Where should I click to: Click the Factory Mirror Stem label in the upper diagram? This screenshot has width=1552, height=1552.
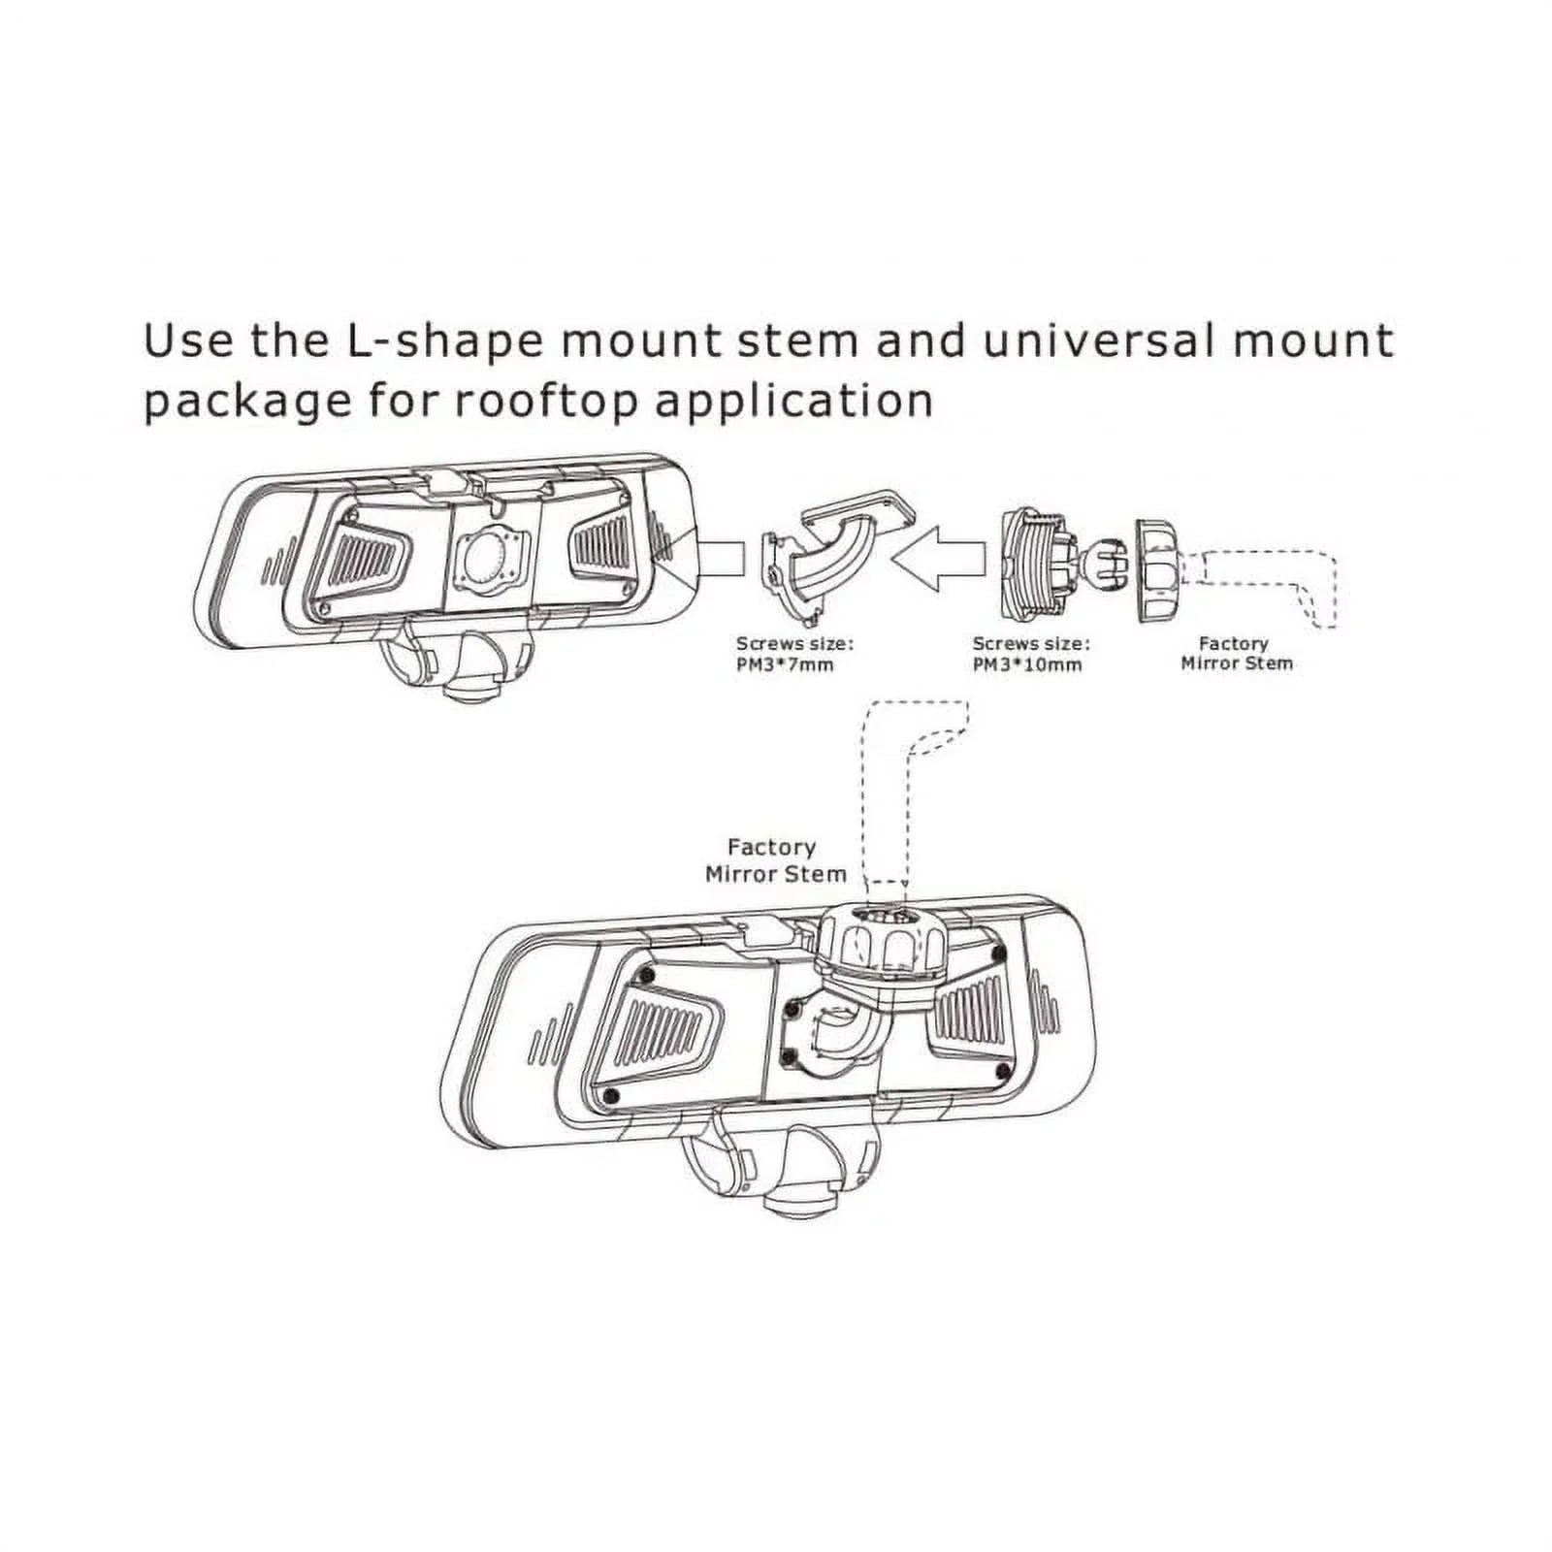[1236, 653]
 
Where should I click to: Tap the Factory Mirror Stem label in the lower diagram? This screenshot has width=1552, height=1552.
[775, 860]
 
